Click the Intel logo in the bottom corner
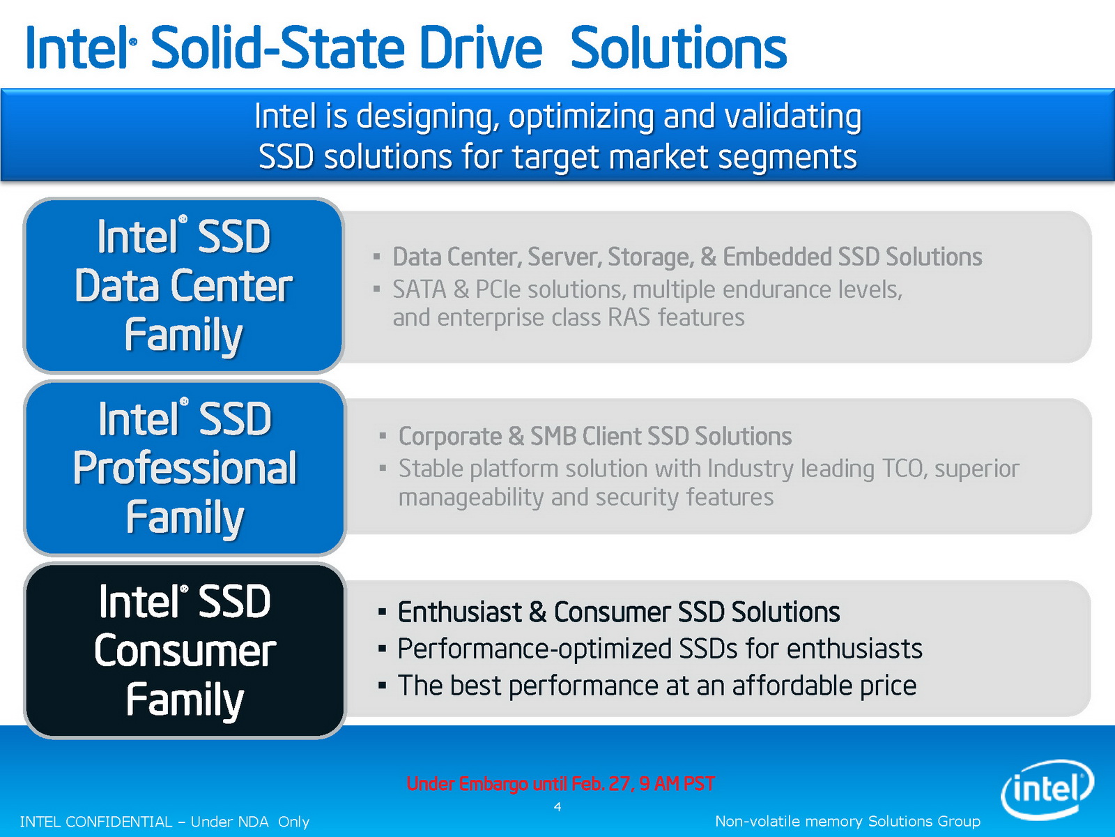(x=1047, y=790)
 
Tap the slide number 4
(x=557, y=806)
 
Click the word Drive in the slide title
(x=481, y=48)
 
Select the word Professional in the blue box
(x=185, y=468)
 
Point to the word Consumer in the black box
(x=185, y=651)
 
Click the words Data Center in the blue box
(x=183, y=285)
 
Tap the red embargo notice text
(x=560, y=783)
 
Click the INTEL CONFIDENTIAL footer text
(x=164, y=822)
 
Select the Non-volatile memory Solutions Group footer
(x=847, y=821)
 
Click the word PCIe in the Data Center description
(x=498, y=289)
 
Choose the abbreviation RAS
(x=629, y=317)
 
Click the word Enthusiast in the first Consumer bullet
(x=459, y=612)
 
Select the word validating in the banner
(x=793, y=117)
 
